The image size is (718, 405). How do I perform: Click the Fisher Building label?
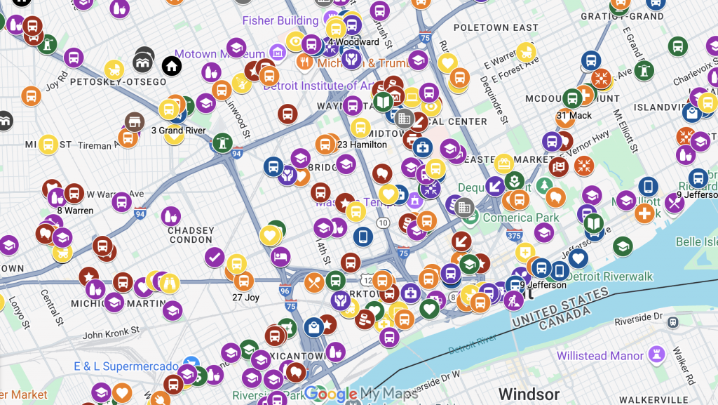[280, 20]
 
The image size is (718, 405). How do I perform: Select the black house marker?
[172, 67]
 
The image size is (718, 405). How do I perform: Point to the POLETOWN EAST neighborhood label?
[495, 27]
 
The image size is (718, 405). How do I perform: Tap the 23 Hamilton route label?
[362, 145]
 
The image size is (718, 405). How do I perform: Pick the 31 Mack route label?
[574, 116]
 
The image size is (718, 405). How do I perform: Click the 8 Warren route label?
[75, 211]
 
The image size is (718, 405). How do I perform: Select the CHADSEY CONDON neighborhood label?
[190, 235]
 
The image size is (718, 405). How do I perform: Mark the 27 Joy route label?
[246, 298]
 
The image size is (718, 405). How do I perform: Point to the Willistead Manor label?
[600, 356]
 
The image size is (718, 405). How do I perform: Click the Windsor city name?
[529, 394]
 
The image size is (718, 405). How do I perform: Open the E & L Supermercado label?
[126, 366]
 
